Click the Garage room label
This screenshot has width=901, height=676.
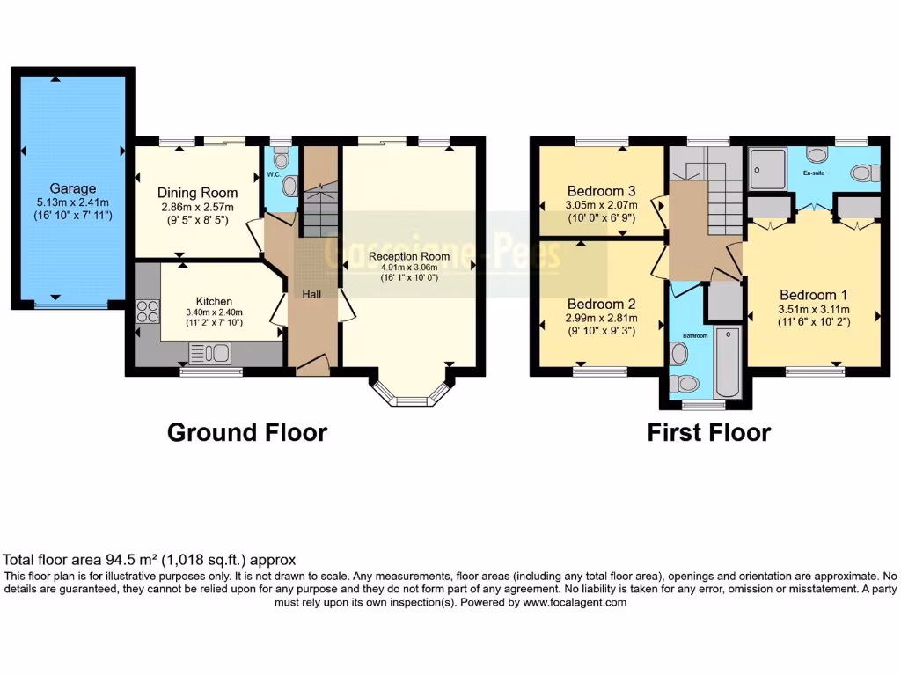coord(73,188)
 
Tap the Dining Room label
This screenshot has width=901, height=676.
coord(197,193)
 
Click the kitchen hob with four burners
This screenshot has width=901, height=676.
coord(147,312)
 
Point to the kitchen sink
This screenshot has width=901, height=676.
coord(210,354)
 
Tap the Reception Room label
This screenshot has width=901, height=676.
coord(409,256)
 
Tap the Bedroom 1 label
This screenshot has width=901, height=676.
coord(810,295)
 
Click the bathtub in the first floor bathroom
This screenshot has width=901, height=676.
coord(729,363)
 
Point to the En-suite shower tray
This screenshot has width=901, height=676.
coord(770,167)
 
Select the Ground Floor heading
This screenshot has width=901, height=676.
coord(247,432)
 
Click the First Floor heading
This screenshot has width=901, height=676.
coord(708,432)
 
